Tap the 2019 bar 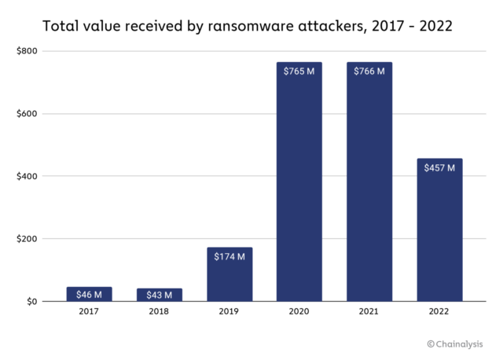coord(229,275)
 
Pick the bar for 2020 coord(299,189)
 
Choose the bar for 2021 coord(369,189)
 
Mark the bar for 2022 coord(439,236)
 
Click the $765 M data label coord(299,72)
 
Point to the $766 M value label coord(369,72)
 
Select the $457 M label coord(439,168)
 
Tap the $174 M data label coord(229,257)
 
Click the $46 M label coord(89,294)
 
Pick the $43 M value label coord(159,294)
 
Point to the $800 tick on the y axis coord(26,51)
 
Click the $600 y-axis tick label coord(26,114)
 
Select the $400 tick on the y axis coord(26,176)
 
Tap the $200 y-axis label coord(26,239)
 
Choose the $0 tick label coord(31,302)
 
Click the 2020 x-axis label coord(299,313)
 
